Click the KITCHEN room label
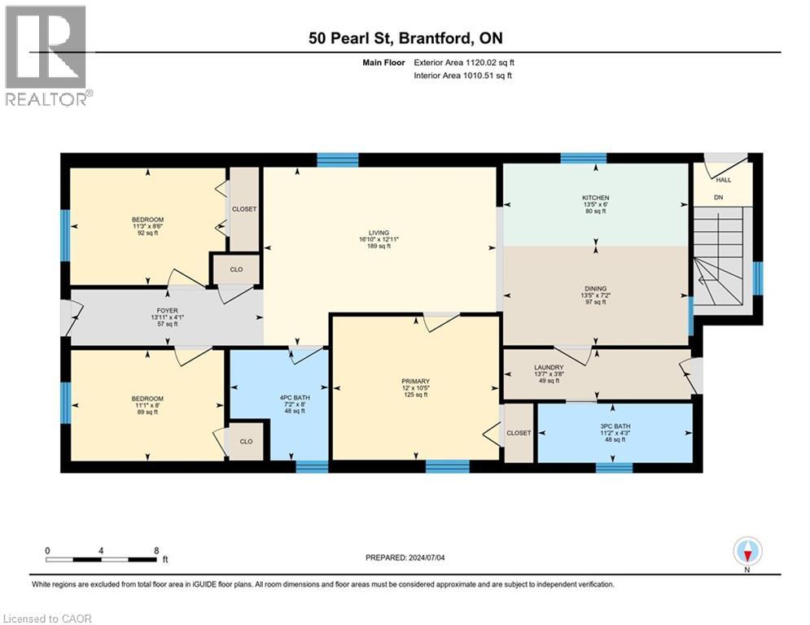[x=596, y=198]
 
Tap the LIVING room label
[x=379, y=233]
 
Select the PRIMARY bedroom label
[x=416, y=382]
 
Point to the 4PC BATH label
[x=295, y=398]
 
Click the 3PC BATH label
[x=615, y=426]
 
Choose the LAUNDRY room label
[x=549, y=368]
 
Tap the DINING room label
[x=596, y=289]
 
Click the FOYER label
[x=168, y=311]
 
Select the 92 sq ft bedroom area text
[x=147, y=233]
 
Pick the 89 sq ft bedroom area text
[x=147, y=412]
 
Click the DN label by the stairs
[x=719, y=197]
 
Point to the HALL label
[x=724, y=181]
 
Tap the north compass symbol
[x=747, y=552]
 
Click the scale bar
[x=102, y=559]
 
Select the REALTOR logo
[x=46, y=56]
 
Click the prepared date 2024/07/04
[x=427, y=557]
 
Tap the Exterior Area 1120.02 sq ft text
[x=464, y=63]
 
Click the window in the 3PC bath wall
[x=614, y=467]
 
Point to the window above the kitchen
[x=583, y=158]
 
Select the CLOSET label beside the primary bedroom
[x=519, y=433]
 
